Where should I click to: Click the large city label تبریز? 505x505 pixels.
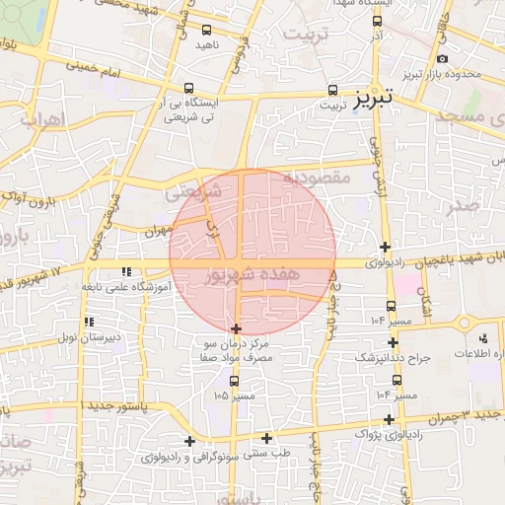coord(374,97)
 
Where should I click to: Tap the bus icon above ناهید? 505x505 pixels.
coord(206,30)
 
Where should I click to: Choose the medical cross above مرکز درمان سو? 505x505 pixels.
coord(236,327)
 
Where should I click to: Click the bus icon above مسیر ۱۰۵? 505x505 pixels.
coord(234,380)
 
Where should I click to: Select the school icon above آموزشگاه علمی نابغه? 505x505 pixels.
coord(125,270)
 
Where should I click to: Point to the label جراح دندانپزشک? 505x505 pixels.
coord(393,357)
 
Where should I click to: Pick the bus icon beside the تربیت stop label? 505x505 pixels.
coord(331,87)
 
